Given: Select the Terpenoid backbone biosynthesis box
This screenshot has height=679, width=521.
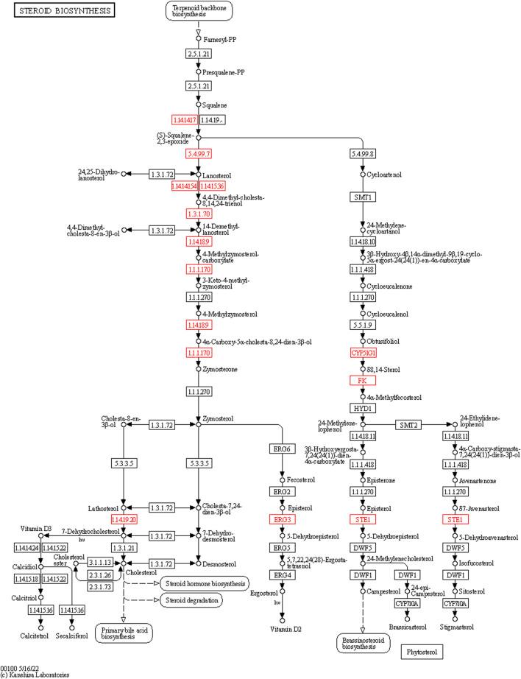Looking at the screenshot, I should tap(198, 13).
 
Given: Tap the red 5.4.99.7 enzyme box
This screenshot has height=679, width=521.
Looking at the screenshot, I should tap(199, 154).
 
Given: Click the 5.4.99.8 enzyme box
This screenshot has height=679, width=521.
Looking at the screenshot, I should tap(363, 154).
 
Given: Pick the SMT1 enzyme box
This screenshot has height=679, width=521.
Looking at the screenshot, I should tap(363, 197).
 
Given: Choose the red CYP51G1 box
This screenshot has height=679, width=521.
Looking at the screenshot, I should tap(363, 353).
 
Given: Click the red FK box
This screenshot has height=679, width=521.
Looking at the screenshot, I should tap(363, 380).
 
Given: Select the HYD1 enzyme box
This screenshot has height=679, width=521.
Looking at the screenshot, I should tap(363, 407).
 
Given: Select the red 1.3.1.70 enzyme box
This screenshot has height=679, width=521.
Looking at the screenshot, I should tap(199, 213).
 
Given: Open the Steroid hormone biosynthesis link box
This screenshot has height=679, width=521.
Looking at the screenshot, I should tap(200, 563).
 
